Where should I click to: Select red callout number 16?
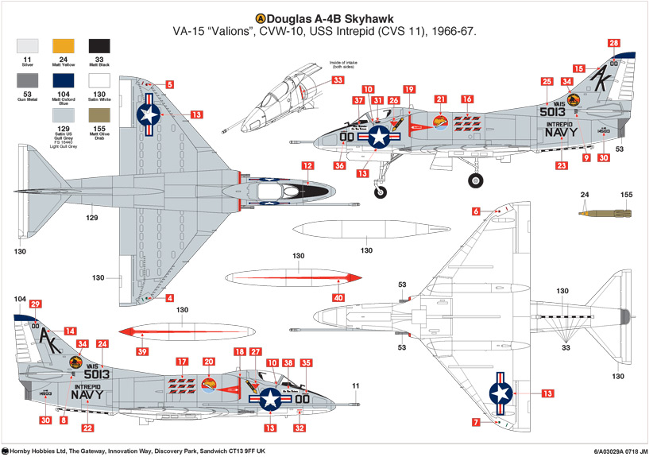coord(468,99)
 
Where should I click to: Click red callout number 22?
coord(87,428)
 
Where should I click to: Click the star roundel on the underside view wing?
coord(500,393)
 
